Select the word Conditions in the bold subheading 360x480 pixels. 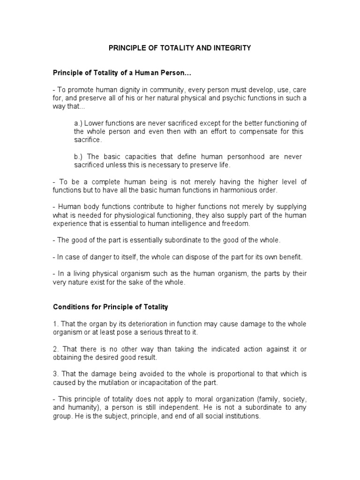click(x=71, y=307)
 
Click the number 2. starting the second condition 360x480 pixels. click(x=55, y=350)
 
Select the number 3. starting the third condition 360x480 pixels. click(x=55, y=375)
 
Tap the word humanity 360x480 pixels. click(x=82, y=408)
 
